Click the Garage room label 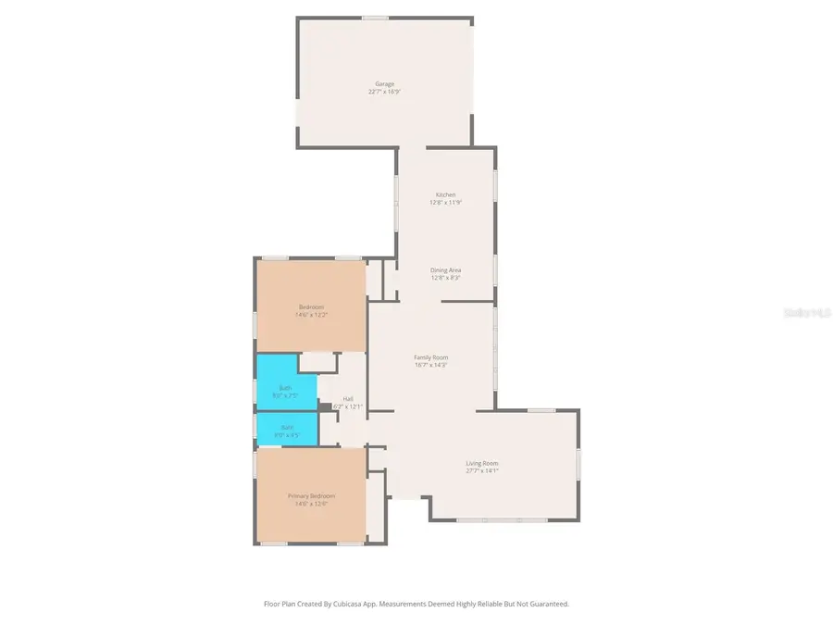pos(384,84)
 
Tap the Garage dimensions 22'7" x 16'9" pos(384,92)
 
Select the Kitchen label pos(445,194)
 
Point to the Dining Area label pos(445,270)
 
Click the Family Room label pos(431,357)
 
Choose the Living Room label pos(481,463)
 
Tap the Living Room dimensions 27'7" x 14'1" pos(481,470)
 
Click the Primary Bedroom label pos(311,496)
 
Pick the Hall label pos(348,399)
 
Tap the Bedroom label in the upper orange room pos(311,306)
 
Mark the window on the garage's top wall pos(375,18)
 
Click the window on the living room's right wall pos(578,463)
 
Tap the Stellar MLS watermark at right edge pos(807,314)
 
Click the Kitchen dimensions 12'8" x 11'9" pos(445,202)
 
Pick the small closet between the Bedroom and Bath pos(317,361)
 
